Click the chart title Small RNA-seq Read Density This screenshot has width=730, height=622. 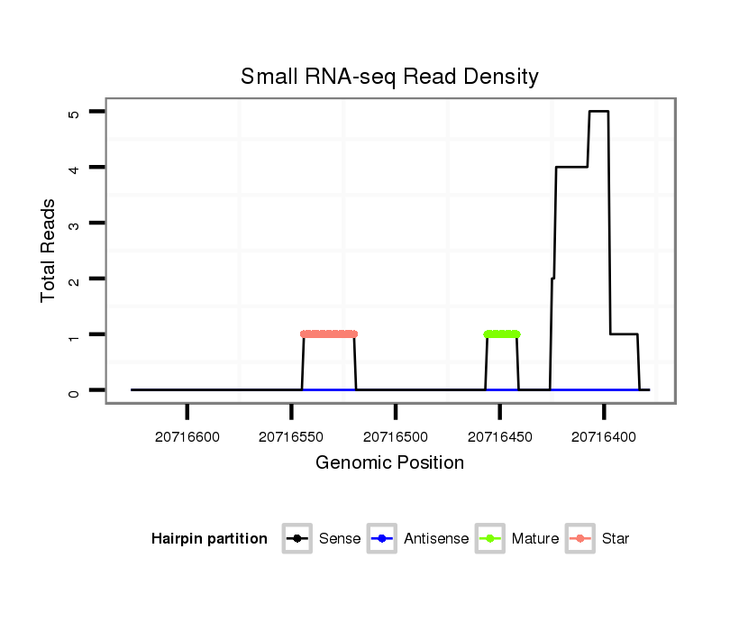click(389, 77)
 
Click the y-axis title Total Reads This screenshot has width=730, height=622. click(49, 250)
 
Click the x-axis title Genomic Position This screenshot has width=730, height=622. click(389, 463)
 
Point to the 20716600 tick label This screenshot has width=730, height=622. click(187, 437)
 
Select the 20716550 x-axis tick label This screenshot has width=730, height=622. click(291, 437)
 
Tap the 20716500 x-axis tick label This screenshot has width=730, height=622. click(396, 437)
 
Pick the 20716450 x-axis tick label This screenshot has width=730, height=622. click(499, 437)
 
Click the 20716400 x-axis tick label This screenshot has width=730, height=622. click(604, 437)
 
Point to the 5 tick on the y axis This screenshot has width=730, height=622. click(72, 112)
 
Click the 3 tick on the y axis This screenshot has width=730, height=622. click(72, 224)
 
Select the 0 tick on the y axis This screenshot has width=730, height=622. click(72, 390)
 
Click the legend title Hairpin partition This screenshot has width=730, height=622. click(209, 539)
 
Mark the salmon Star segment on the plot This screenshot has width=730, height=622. click(329, 334)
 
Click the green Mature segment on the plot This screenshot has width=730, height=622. click(502, 334)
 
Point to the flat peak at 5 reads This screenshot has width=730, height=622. click(598, 112)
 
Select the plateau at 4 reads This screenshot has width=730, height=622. click(571, 167)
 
